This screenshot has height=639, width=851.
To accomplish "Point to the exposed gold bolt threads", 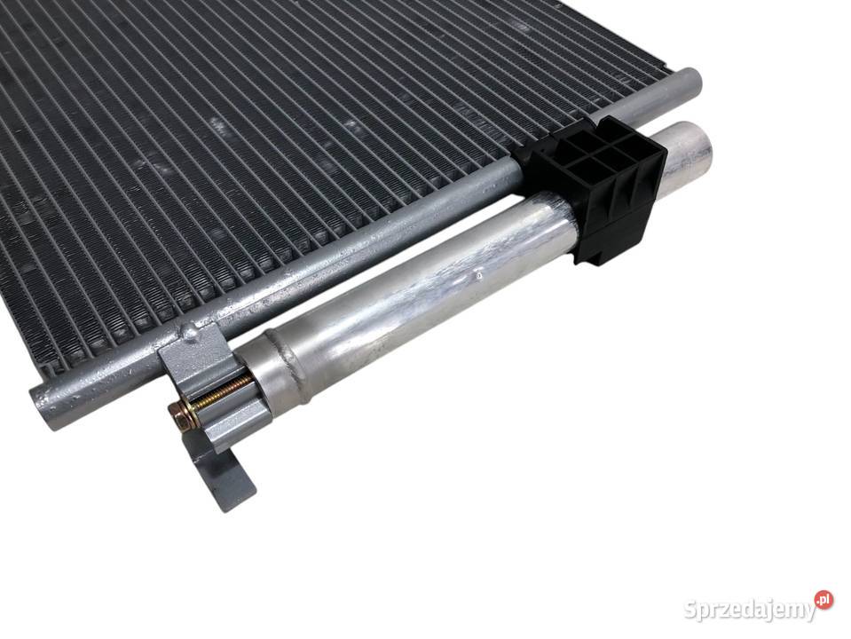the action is pos(224,392).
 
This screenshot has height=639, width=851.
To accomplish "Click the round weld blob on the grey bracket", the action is pos(189,331).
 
